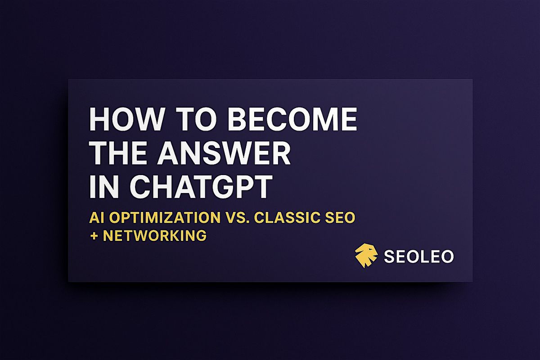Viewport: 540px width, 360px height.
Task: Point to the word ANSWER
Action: (224, 153)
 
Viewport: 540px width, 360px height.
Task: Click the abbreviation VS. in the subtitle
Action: (237, 218)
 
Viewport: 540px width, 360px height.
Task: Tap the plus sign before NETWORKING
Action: (94, 236)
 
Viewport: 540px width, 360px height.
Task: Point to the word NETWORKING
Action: (155, 235)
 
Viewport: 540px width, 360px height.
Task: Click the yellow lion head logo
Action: (366, 256)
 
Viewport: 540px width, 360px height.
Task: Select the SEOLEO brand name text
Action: (419, 256)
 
